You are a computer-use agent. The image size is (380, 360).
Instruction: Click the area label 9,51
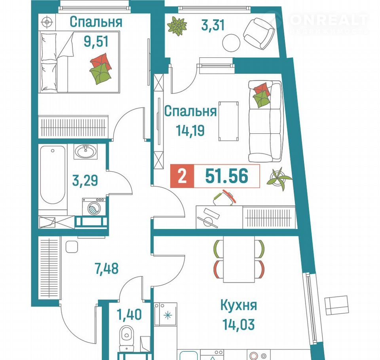point(96,42)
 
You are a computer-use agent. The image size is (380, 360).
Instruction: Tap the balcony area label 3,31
point(213,25)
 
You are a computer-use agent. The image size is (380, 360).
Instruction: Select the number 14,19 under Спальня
point(190,131)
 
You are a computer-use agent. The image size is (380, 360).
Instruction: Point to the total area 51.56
point(226,176)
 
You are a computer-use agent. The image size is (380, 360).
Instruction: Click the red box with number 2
point(182,176)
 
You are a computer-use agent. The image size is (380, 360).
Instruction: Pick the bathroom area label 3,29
point(85,180)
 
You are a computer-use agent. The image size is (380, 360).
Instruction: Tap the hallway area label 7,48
point(106,269)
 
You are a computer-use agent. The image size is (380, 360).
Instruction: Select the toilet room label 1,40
point(129,315)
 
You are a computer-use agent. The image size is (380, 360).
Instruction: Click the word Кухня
point(238,305)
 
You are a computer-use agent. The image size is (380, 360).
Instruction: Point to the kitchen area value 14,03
point(238,325)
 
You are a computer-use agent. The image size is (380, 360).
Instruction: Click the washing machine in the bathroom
point(95,207)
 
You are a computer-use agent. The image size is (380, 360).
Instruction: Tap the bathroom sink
point(85,152)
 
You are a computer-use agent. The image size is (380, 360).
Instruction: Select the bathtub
point(53,175)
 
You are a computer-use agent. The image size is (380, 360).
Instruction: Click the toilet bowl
point(127,335)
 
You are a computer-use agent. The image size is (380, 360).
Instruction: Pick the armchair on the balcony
point(259,34)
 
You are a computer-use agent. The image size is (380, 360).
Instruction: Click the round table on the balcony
point(231,43)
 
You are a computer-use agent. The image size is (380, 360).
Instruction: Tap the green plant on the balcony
point(177,26)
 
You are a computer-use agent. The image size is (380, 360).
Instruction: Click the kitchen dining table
point(239,259)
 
